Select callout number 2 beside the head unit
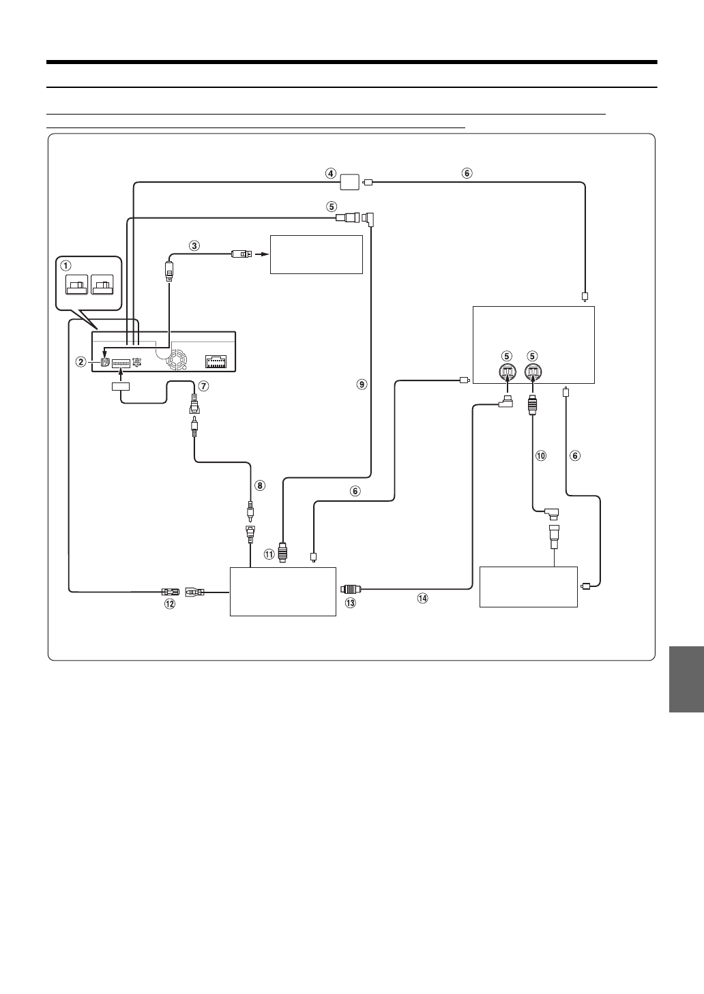[x=81, y=362]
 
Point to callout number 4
[x=330, y=173]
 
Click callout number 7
[x=203, y=386]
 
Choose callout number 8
[x=259, y=486]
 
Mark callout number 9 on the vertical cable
[x=362, y=385]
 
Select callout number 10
[x=541, y=455]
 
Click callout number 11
[x=270, y=554]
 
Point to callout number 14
[x=422, y=598]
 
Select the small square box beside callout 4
[x=349, y=182]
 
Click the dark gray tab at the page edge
[x=686, y=679]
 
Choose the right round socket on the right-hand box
[x=534, y=373]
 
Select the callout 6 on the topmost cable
[x=467, y=173]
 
